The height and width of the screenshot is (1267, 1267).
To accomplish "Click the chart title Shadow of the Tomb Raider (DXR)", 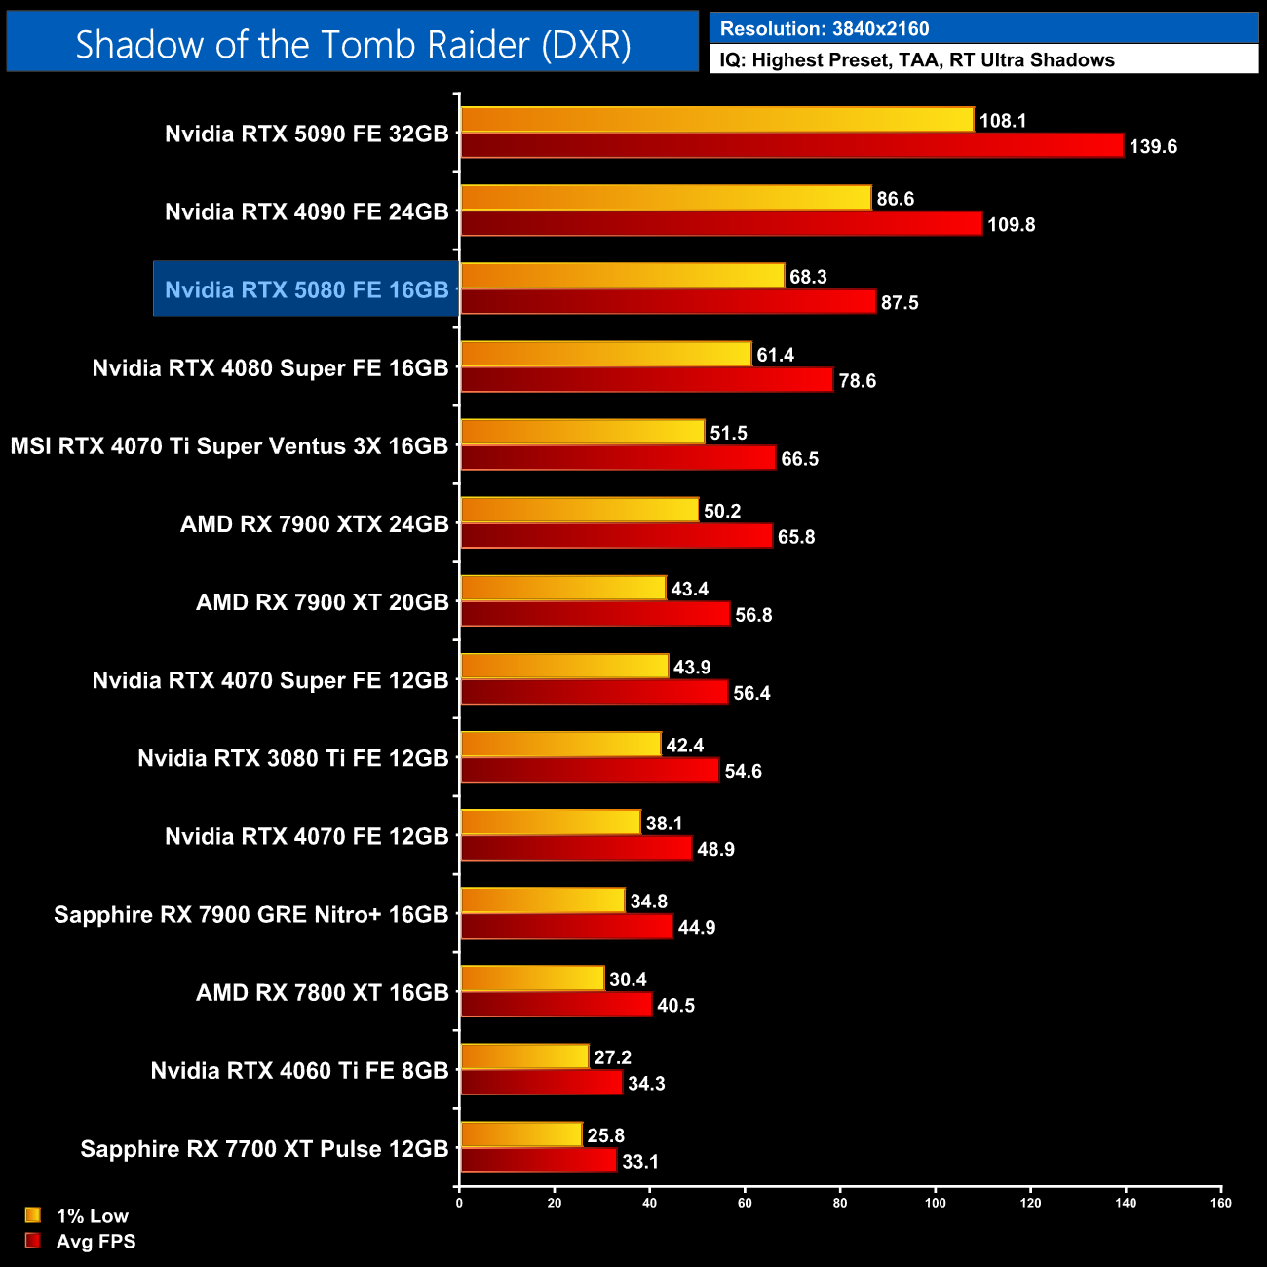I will (x=353, y=44).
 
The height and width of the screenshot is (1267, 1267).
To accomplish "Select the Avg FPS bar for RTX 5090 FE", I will (x=791, y=146).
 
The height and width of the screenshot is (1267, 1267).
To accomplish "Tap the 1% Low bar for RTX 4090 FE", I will (x=666, y=198).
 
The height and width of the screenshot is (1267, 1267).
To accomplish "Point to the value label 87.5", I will (x=900, y=303).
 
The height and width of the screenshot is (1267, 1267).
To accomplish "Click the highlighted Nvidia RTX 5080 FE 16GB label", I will (x=306, y=289).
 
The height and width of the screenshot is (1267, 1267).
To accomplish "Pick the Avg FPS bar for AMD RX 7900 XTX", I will (x=616, y=536).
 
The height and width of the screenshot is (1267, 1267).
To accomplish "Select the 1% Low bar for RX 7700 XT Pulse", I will (x=521, y=1134).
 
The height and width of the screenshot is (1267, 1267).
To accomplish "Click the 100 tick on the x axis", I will (x=935, y=1203).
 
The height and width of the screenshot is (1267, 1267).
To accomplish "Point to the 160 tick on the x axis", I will (x=1221, y=1203).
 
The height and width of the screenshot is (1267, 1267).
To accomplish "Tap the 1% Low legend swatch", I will (x=33, y=1215).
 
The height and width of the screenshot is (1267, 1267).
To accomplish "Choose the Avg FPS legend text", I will (x=96, y=1242).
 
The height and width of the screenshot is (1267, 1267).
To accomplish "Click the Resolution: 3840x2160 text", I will (x=825, y=29).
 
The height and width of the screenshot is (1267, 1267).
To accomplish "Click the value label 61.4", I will (x=775, y=355).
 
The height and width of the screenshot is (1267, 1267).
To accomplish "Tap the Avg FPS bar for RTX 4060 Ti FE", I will (x=541, y=1083).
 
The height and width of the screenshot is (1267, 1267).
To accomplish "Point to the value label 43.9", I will (x=692, y=668).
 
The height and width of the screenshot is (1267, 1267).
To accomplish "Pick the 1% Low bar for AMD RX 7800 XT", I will (x=532, y=979).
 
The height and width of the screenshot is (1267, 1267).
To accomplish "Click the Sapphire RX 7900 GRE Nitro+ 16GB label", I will (x=250, y=914).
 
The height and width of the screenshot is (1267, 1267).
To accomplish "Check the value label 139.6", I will (x=1153, y=147).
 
